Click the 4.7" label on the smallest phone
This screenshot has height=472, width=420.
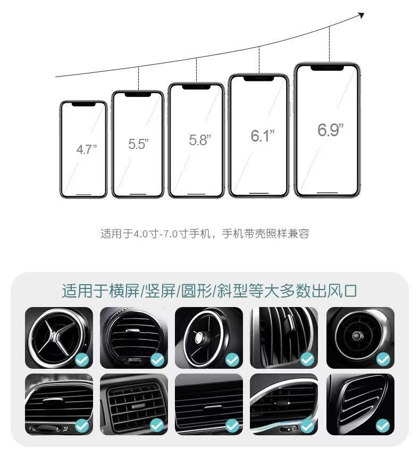pos(87,150)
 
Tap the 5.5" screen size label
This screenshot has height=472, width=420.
pos(139,144)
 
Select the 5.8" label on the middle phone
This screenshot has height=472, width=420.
pos(200,140)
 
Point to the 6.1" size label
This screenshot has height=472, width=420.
pos(263,136)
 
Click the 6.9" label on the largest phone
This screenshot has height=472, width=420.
pos(330,130)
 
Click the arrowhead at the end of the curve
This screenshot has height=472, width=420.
pos(362,15)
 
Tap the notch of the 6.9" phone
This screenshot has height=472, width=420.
pos(327,68)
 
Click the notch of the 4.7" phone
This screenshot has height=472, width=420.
pos(83,104)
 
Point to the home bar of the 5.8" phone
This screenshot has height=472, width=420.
pos(196,194)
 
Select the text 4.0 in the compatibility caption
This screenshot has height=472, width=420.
pos(141,234)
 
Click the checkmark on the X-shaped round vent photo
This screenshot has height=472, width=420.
pos(82,359)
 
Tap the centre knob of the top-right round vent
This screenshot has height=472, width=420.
pos(357,335)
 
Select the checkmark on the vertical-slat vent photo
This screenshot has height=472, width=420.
pos(307,359)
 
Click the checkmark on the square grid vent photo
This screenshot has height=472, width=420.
pos(157,426)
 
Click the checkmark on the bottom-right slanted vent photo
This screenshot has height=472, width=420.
pos(383,426)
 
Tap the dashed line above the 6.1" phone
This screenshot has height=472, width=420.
pos(259,60)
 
